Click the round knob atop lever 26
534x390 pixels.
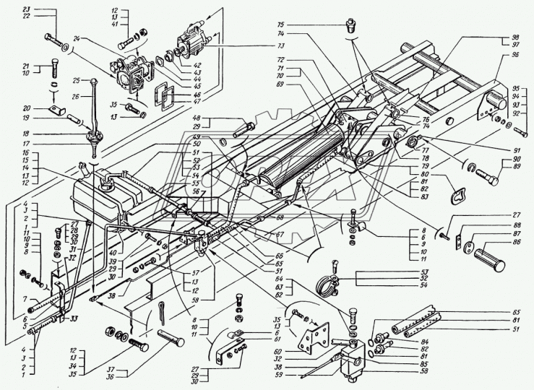coord(94,79)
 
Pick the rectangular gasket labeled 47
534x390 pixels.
coord(166,96)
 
